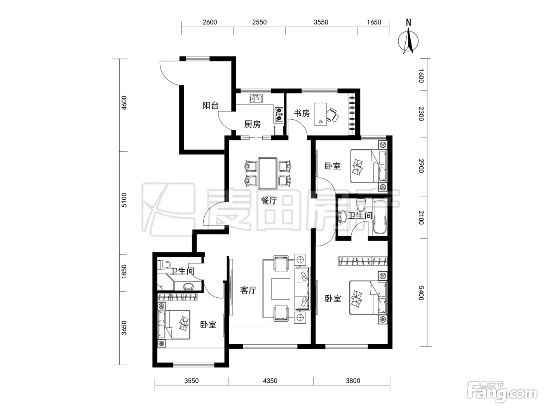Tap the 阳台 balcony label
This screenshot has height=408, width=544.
(211, 106)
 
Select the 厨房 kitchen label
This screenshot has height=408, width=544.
(252, 124)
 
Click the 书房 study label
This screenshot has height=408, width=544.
(302, 113)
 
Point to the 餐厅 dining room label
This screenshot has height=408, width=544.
(269, 200)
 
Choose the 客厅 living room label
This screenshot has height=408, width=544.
(248, 290)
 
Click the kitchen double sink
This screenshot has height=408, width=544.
(256, 98)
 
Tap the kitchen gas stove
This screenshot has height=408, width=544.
(279, 115)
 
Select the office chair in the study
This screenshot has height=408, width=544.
(332, 115)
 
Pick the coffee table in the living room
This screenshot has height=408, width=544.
(281, 289)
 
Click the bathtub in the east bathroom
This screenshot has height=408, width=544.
(380, 217)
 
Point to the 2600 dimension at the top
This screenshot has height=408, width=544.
(210, 22)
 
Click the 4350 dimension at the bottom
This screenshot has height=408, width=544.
(270, 380)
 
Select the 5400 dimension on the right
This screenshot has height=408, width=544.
(421, 293)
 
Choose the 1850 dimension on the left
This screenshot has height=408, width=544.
(124, 271)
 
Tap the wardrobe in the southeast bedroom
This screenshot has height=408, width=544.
(363, 261)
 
